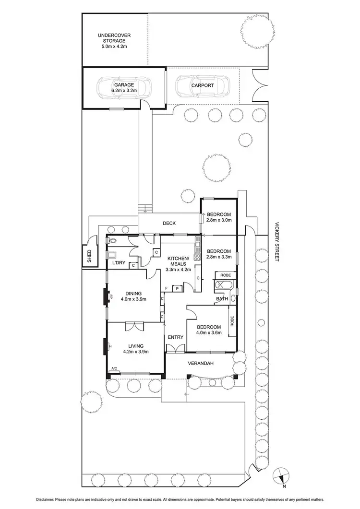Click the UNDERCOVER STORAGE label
click(x=114, y=38)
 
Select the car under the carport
click(x=202, y=86)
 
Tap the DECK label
click(x=169, y=223)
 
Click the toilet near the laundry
click(x=112, y=241)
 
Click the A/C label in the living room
click(x=114, y=368)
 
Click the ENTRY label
click(x=175, y=337)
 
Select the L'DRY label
click(x=119, y=263)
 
